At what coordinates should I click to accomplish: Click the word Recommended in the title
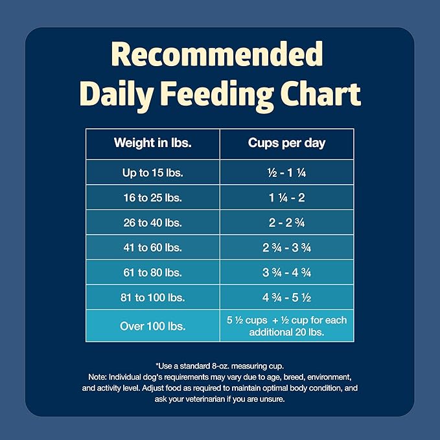[x=220, y=55]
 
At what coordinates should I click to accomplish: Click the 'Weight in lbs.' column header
[x=152, y=143]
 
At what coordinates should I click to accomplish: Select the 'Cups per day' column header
[x=286, y=143]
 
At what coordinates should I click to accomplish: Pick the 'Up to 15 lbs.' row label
[x=152, y=172]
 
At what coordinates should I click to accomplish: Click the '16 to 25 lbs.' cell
[x=152, y=197]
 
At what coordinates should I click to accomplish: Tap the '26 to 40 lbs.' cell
[x=152, y=222]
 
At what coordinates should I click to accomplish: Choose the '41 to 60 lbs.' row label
[x=152, y=248]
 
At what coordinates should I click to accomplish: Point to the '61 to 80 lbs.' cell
[x=152, y=272]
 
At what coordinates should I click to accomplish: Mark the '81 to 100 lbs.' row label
[x=152, y=297]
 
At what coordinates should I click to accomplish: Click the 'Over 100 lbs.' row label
[x=152, y=326]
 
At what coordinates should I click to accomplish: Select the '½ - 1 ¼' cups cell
[x=286, y=172]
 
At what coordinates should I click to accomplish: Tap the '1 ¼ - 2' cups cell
[x=286, y=197]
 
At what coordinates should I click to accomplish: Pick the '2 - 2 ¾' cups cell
[x=286, y=222]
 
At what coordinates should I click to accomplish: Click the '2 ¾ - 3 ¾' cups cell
[x=286, y=248]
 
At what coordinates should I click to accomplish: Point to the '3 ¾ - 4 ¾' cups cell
[x=286, y=272]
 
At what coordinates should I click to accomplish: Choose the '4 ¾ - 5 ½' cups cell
[x=286, y=297]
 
